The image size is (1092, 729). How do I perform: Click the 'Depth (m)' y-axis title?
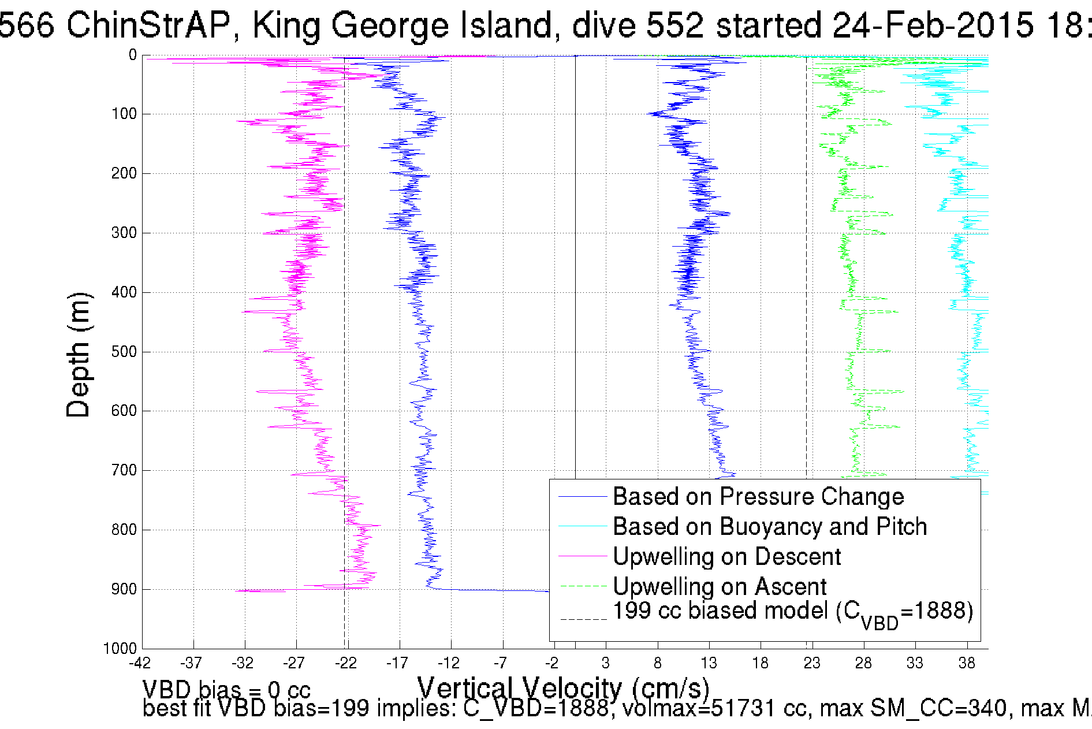coord(79,355)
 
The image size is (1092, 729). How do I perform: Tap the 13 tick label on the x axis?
coord(709,663)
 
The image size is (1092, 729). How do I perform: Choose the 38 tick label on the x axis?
coord(966,663)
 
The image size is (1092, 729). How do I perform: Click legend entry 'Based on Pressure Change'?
coord(758,497)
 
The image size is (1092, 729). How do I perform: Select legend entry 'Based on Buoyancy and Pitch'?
coord(769,527)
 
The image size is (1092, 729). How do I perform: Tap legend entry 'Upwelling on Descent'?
coord(726,557)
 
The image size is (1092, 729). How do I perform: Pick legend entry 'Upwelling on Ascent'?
coord(719,587)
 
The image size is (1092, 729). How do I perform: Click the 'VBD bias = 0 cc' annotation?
coord(226,690)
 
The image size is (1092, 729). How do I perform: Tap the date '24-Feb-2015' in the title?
coord(933,25)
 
